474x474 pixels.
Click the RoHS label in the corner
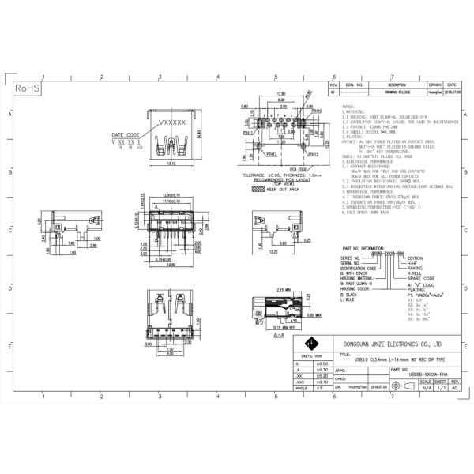(28, 88)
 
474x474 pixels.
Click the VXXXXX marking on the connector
(172, 123)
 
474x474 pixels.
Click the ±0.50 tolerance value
(322, 363)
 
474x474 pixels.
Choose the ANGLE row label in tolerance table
(300, 389)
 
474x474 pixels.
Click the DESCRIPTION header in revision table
(397, 84)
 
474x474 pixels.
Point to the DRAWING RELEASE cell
(397, 92)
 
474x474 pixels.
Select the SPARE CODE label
(418, 277)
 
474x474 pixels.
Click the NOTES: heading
(348, 105)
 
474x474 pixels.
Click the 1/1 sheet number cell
(441, 388)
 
